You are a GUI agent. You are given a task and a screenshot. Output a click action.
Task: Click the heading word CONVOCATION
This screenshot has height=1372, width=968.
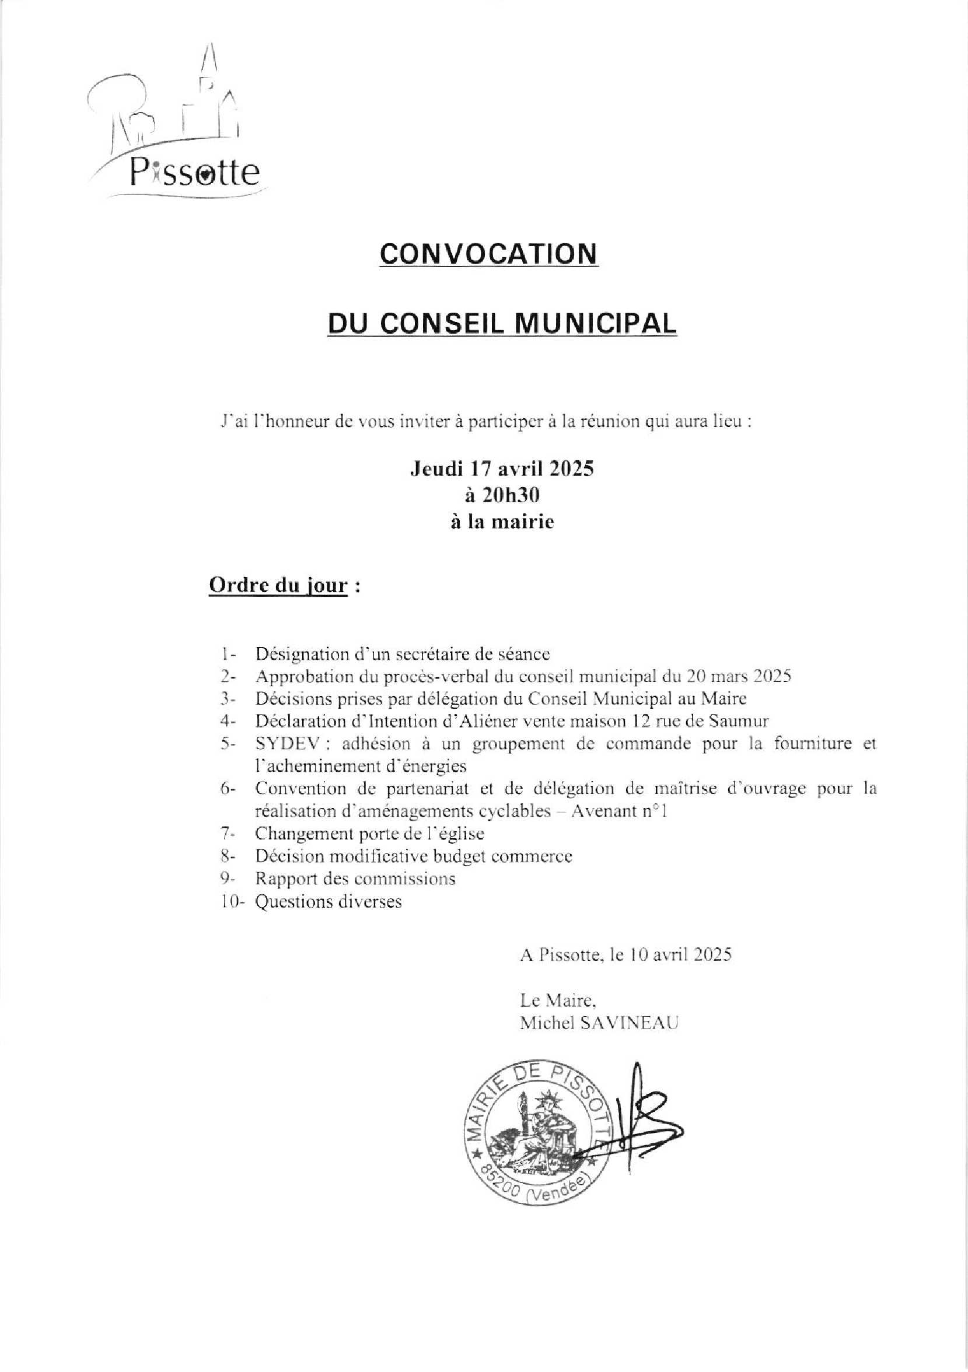(489, 254)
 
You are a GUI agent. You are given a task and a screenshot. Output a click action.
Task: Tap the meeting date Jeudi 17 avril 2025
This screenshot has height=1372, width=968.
(502, 470)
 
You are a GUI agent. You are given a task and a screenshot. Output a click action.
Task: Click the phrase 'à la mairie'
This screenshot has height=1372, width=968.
(502, 521)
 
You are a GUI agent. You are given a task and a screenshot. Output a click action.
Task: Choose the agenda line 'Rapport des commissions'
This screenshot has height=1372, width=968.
(355, 878)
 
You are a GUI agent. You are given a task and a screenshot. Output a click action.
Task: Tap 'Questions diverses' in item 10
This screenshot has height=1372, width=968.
(328, 901)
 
